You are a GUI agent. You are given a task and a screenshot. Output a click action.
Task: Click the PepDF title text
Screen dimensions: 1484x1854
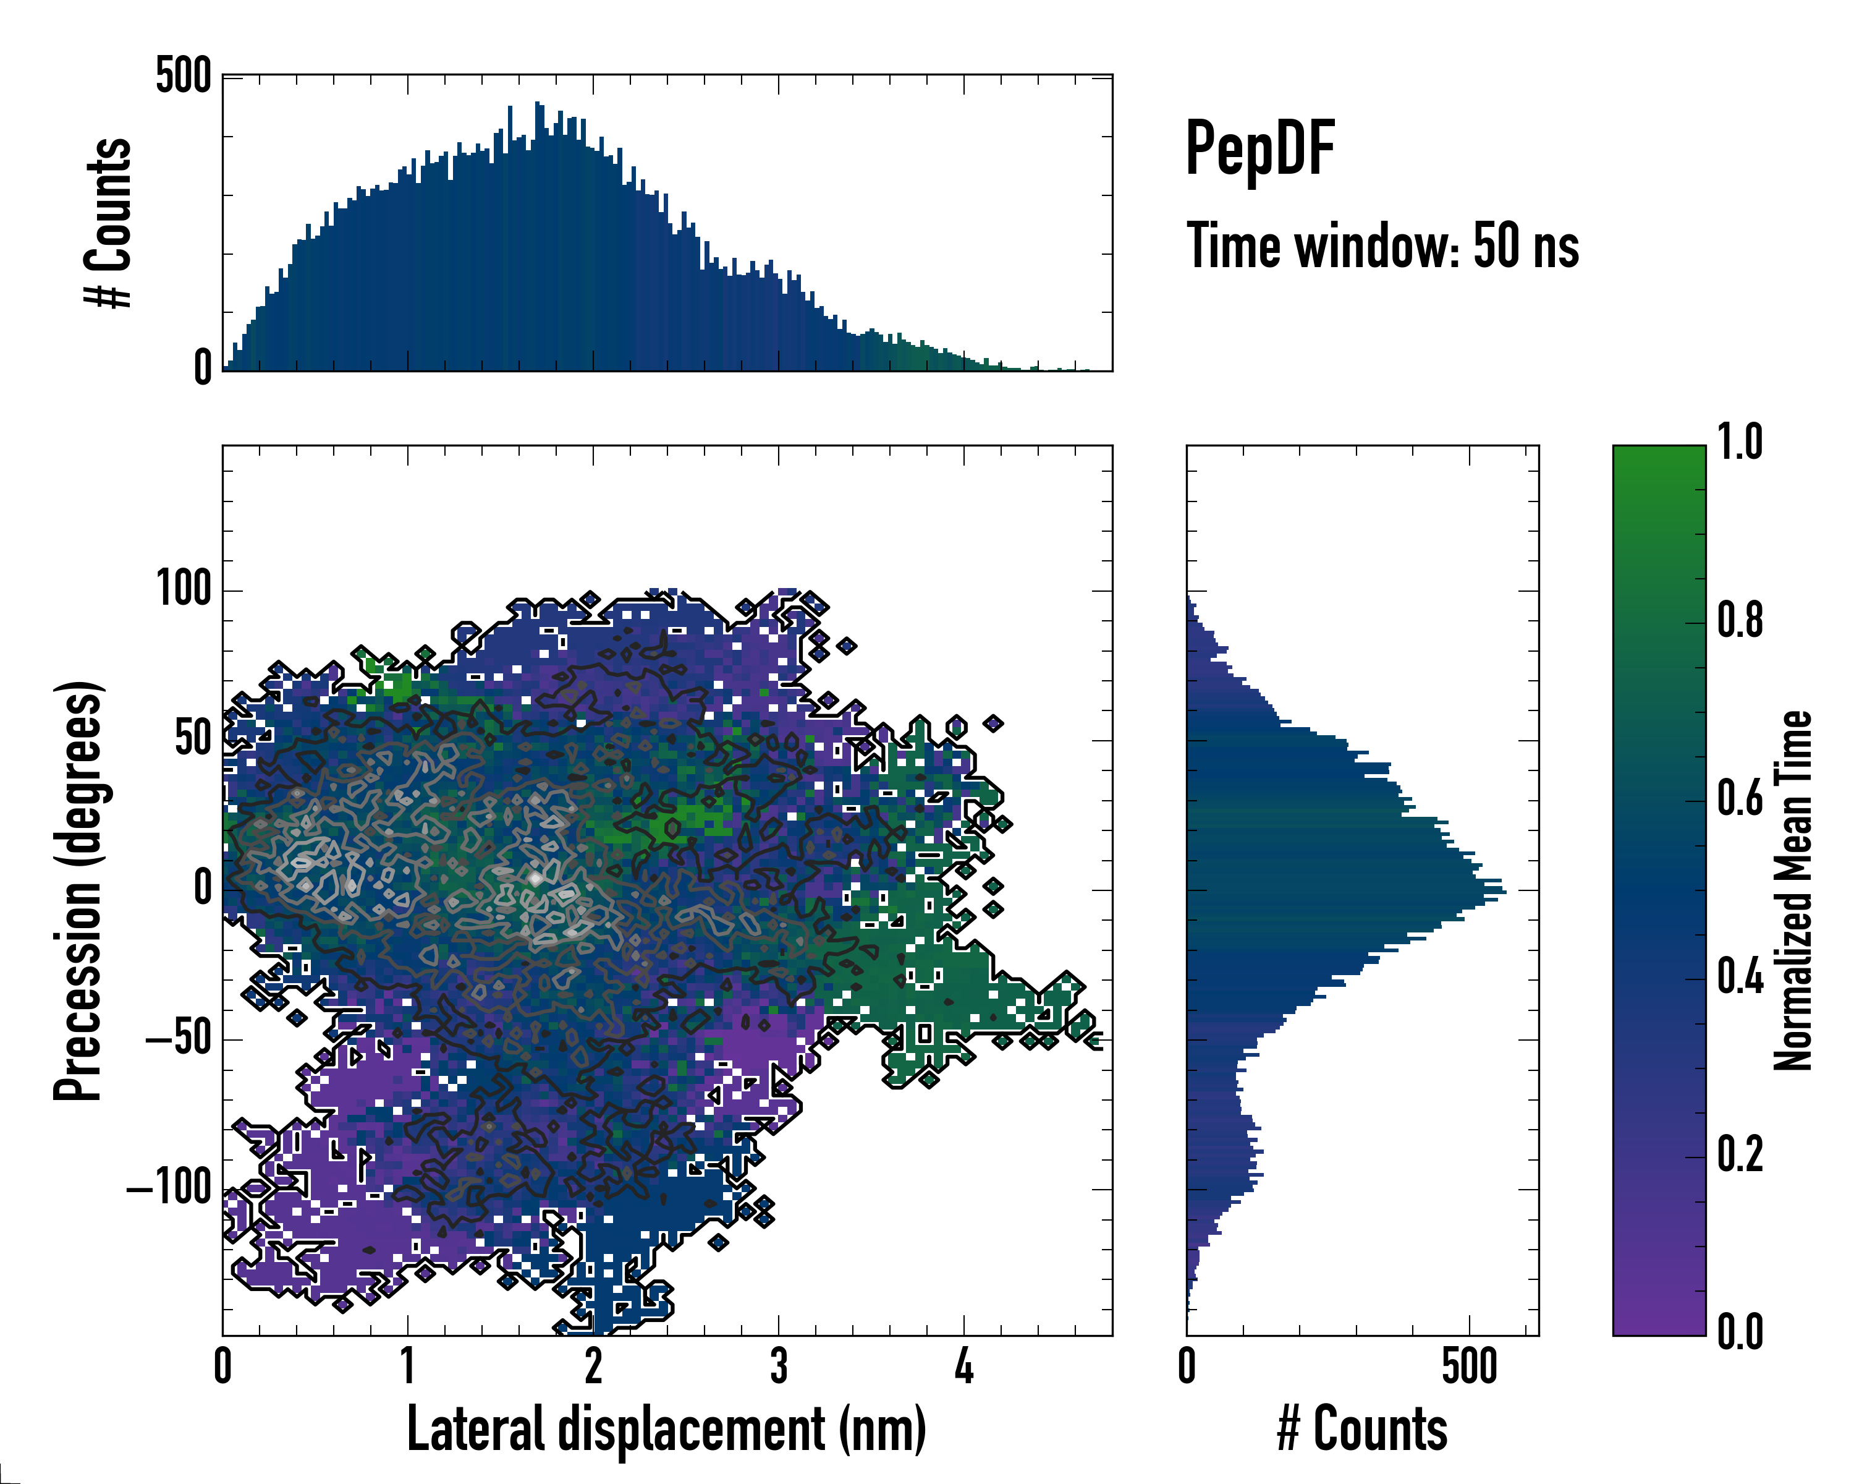tap(1259, 149)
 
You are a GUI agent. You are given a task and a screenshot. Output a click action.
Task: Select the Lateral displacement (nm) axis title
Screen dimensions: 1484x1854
tap(666, 1429)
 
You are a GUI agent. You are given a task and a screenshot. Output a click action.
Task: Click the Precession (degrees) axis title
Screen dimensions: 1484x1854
tap(79, 890)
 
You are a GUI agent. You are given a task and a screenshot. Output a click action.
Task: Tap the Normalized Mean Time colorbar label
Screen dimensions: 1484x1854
tap(1792, 890)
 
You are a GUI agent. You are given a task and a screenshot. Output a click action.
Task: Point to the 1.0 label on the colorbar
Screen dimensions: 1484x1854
tap(1740, 443)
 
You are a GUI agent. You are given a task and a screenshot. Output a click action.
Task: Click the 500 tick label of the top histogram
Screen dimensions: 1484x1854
tap(183, 77)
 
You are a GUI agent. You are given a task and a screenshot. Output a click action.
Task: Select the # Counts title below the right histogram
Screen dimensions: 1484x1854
tap(1362, 1429)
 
